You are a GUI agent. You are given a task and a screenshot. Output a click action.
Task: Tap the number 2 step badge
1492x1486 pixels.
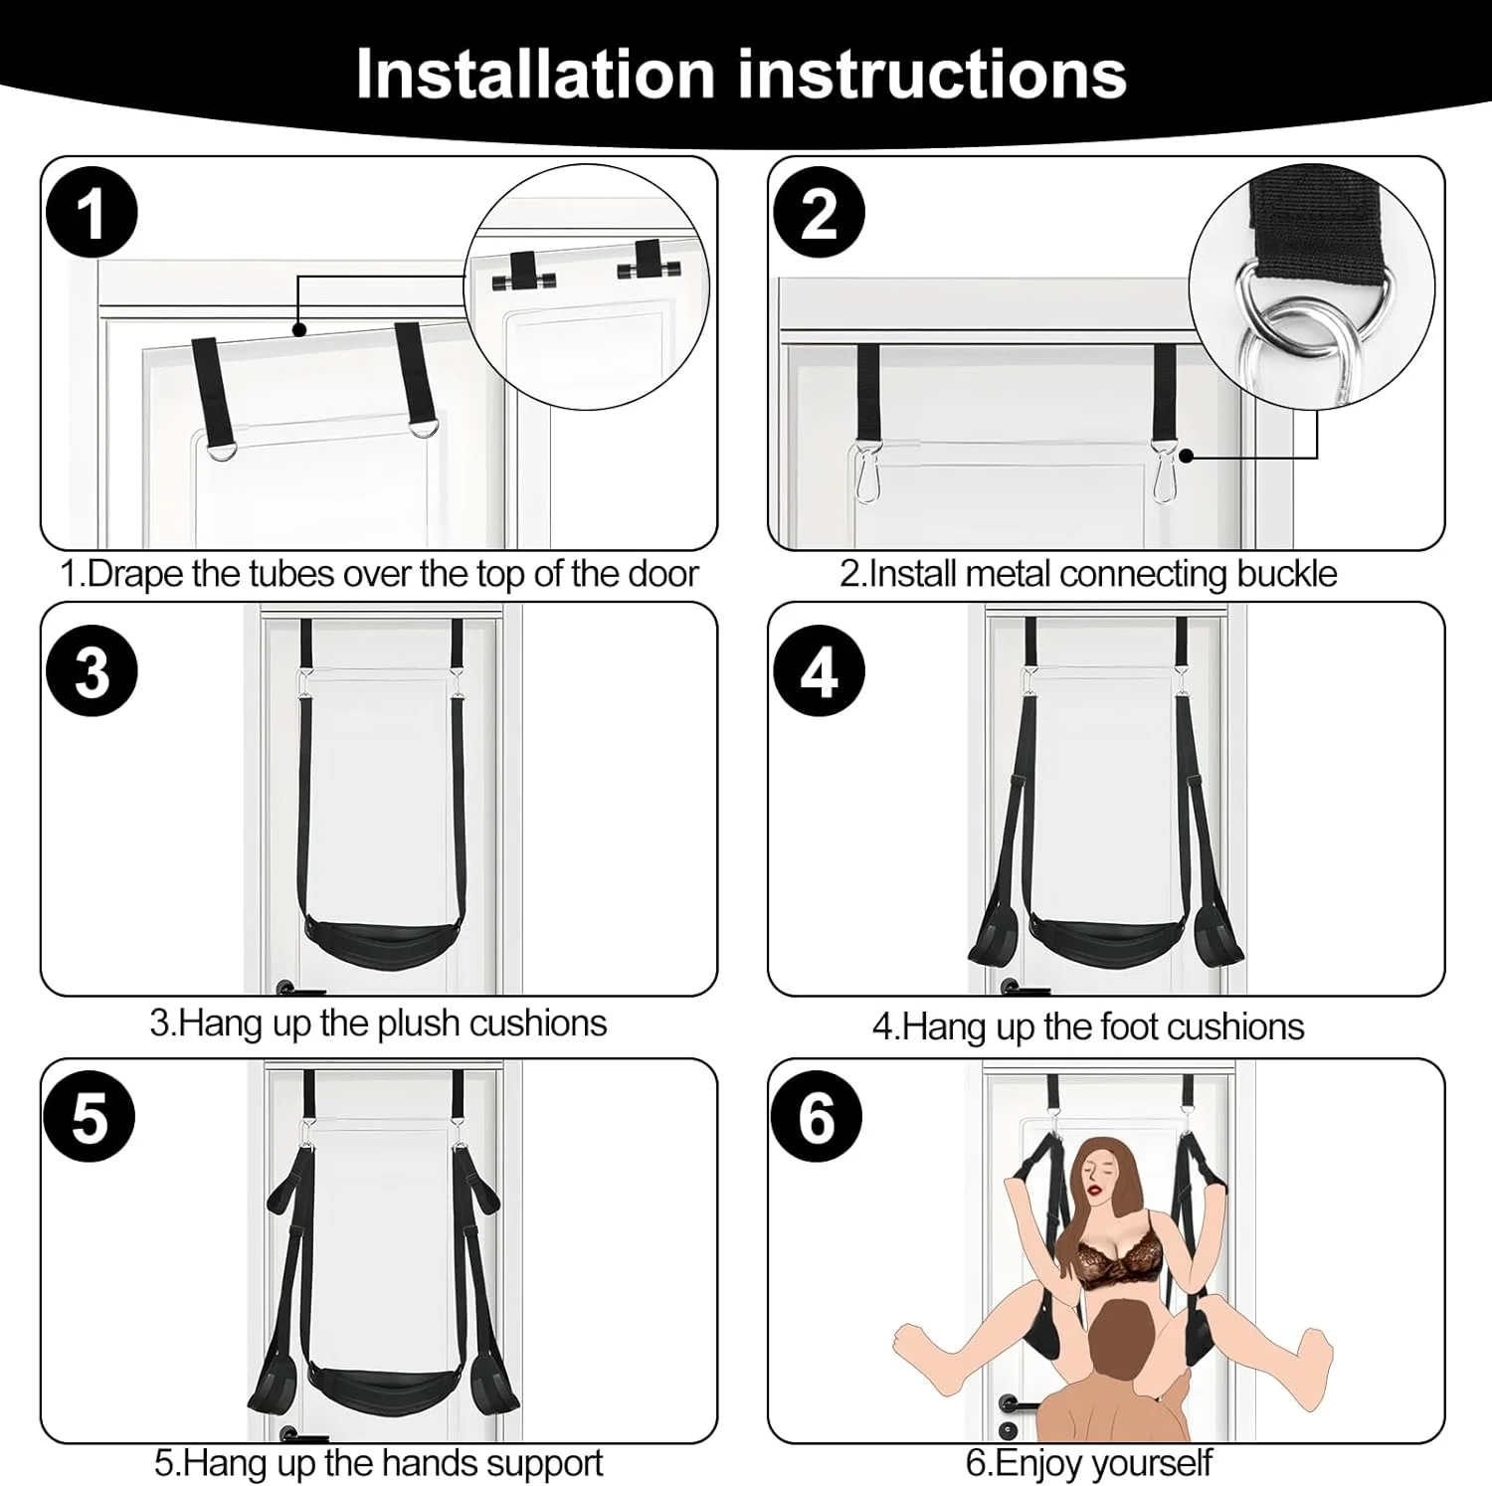coord(819,214)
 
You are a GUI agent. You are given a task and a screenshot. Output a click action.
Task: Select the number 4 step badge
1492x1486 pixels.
coord(819,671)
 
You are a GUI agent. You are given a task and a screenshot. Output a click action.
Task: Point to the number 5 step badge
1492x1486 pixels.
coord(91,1117)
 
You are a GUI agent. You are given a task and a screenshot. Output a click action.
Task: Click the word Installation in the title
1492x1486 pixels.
coord(535,75)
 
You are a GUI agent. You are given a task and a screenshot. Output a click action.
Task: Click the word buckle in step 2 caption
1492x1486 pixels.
coord(1286,575)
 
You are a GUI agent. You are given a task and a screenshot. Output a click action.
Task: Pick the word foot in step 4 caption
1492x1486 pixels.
coord(1069,1026)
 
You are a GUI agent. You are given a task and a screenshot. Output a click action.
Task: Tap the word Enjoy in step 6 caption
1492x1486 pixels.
coord(1043,1463)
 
